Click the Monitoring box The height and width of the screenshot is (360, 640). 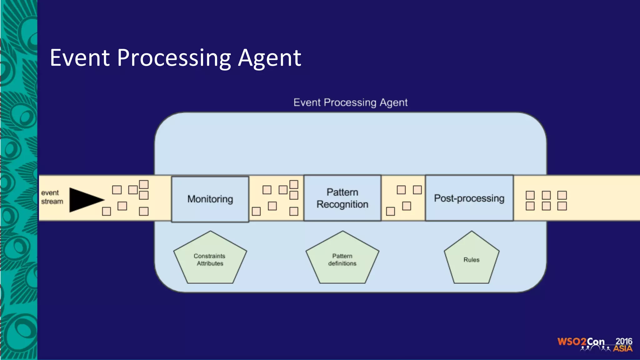tap(210, 199)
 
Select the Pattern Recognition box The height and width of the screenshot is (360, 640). tap(342, 198)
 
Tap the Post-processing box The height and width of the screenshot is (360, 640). tap(469, 198)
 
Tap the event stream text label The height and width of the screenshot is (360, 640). tap(52, 197)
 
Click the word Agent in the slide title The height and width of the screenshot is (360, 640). tap(269, 58)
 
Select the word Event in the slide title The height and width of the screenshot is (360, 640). tap(80, 58)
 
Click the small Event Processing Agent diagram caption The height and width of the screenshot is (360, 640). tap(350, 102)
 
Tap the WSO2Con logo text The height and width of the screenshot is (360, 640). tap(581, 342)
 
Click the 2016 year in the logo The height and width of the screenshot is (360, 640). tap(624, 341)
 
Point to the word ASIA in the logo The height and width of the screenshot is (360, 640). tap(622, 348)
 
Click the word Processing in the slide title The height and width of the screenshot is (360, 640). tap(174, 58)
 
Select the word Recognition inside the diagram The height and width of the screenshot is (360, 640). tap(342, 204)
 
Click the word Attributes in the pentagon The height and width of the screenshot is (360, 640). tap(210, 263)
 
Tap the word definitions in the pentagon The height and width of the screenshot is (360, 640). tap(342, 263)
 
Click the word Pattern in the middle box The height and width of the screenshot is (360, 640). tap(342, 192)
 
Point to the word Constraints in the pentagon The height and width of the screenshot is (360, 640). tap(209, 256)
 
